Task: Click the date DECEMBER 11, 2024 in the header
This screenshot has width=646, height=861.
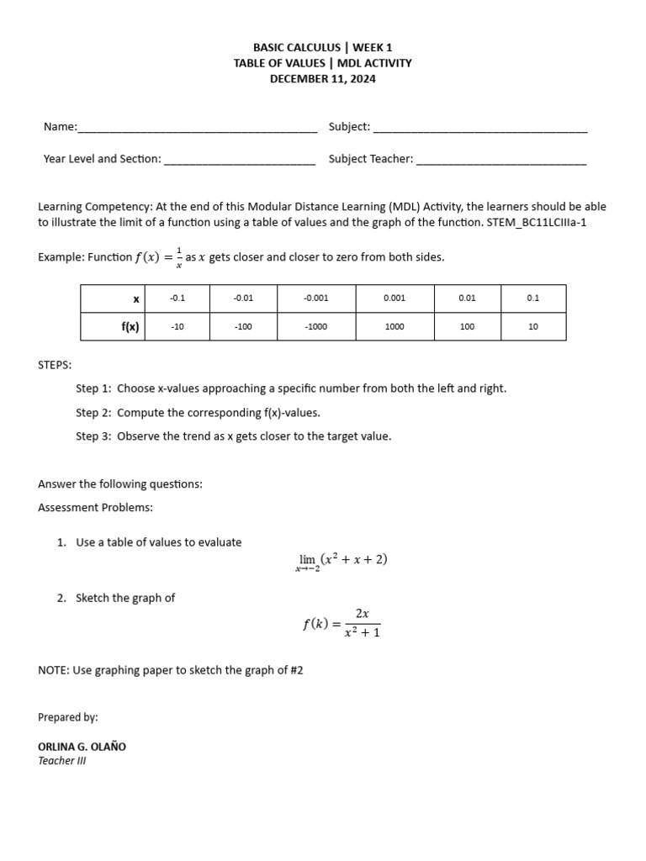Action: pos(322,78)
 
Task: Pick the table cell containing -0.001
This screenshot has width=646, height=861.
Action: pos(315,298)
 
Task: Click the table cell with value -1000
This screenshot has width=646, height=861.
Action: pos(315,327)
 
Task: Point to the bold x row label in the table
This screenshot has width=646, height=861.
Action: pos(135,298)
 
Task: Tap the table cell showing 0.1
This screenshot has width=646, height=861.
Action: pos(532,298)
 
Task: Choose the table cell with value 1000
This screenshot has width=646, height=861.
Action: pos(394,327)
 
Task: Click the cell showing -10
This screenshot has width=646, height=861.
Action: pos(177,327)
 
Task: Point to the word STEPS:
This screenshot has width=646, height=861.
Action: pos(55,365)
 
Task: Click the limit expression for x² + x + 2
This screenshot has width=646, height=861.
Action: pos(341,562)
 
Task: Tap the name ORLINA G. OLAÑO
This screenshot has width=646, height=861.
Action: pos(82,747)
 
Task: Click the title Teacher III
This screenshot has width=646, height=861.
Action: pos(61,761)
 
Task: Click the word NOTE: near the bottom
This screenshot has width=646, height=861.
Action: pos(54,671)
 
